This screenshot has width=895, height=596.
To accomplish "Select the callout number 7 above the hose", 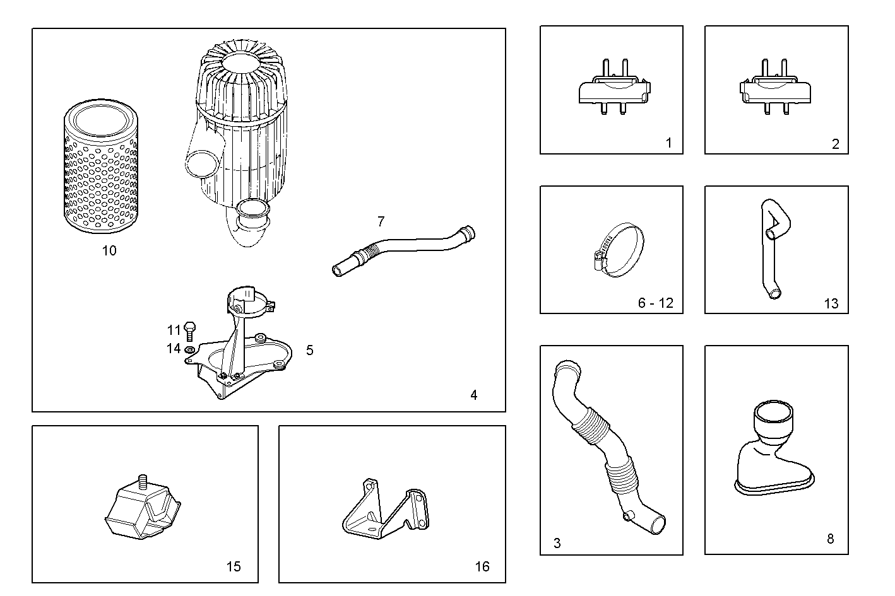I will [381, 221].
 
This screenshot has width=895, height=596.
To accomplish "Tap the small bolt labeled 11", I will [191, 330].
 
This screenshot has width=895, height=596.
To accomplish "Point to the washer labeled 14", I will [190, 349].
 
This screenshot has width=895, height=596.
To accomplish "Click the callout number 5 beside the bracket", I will [309, 350].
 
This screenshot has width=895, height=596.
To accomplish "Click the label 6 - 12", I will [655, 303].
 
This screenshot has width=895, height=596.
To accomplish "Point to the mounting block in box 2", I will [775, 90].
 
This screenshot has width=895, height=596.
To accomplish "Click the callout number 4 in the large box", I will [473, 395].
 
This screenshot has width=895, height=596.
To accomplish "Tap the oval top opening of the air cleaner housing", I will [242, 61].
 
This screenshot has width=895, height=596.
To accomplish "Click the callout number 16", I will [482, 567].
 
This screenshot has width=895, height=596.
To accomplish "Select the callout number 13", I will [831, 304].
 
